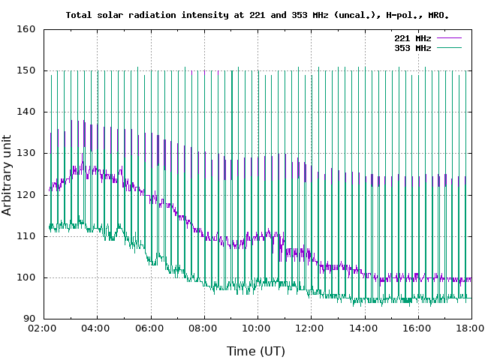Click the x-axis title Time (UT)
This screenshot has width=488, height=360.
[x=256, y=350]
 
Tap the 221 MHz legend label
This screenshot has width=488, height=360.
[x=412, y=38]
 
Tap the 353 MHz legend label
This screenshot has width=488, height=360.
[x=412, y=48]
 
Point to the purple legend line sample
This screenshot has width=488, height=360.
[x=447, y=38]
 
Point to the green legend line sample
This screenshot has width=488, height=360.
[x=447, y=48]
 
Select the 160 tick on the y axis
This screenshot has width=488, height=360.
[x=27, y=29]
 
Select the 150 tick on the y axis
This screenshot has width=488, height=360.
[x=27, y=70]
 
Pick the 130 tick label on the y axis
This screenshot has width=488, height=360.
[x=27, y=153]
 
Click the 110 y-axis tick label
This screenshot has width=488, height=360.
[x=27, y=236]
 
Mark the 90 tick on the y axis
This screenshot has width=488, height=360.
[x=30, y=319]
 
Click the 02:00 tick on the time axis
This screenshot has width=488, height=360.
[x=43, y=328]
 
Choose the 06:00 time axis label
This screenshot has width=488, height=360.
[x=150, y=328]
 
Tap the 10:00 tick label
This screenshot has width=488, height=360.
[x=257, y=328]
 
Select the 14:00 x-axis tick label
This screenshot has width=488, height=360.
[x=364, y=328]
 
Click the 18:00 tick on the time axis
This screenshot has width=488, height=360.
[x=471, y=328]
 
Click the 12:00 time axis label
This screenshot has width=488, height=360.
[x=310, y=328]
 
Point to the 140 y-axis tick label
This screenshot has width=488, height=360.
[x=27, y=112]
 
